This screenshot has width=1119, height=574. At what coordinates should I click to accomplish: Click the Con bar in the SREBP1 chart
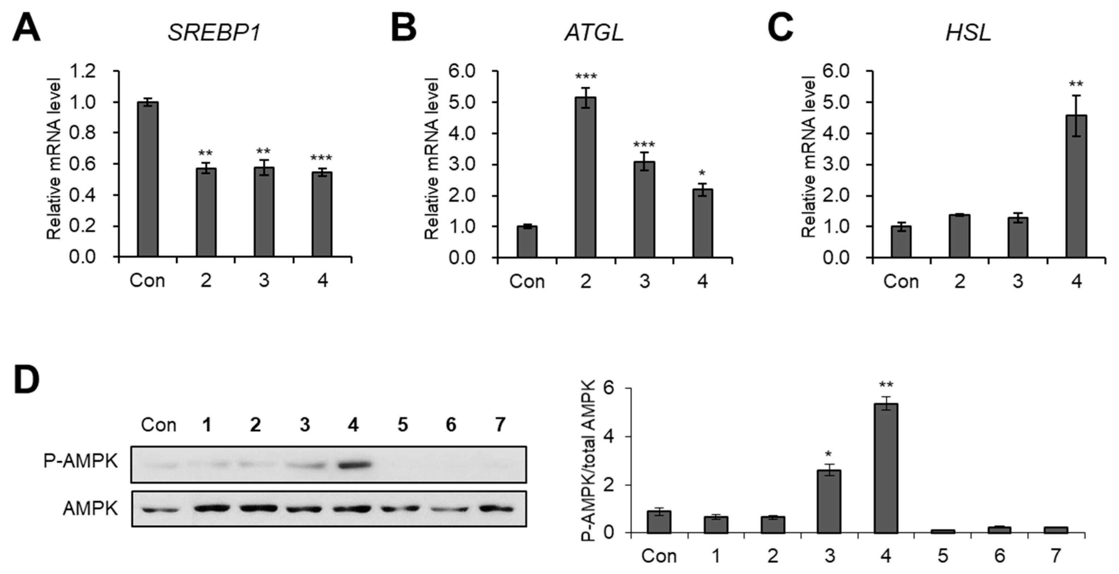(147, 179)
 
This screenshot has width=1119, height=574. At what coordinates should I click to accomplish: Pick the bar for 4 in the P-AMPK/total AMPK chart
(886, 468)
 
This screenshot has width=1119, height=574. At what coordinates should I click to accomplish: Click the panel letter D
(26, 379)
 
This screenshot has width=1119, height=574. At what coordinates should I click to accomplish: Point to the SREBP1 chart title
(214, 33)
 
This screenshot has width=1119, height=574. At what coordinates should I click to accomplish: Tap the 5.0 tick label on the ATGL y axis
(463, 102)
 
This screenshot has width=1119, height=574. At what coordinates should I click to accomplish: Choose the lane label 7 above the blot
(500, 425)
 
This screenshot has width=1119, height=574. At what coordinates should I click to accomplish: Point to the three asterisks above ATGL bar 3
(644, 145)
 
